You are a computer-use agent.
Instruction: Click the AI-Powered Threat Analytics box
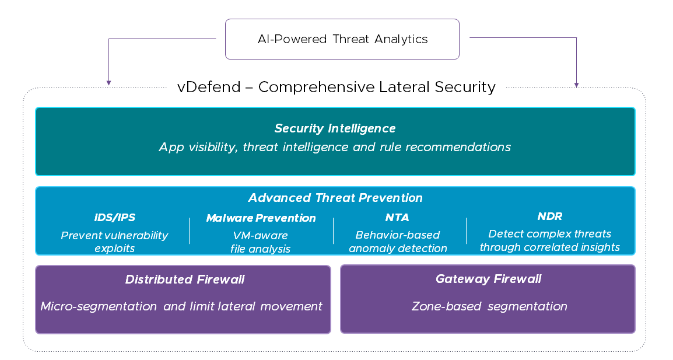coord(342,39)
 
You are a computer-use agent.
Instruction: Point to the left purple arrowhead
coord(108,84)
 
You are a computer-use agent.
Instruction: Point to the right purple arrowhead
coord(576,84)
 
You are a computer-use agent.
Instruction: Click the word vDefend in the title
coord(209,88)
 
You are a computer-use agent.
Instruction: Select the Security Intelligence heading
coord(335,128)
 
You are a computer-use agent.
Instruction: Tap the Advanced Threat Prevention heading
coord(335,198)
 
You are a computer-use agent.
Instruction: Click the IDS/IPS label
coord(114,218)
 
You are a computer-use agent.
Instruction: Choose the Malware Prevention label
coord(261,218)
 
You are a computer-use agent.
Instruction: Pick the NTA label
coord(397,218)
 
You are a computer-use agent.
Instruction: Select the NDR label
coord(549,217)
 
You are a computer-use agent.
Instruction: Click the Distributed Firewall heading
coord(184,279)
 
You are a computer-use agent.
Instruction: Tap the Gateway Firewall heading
coord(488,279)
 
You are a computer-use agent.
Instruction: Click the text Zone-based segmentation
coord(489,306)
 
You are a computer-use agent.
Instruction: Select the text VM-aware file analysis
coord(260,242)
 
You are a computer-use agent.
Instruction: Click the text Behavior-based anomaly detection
coord(398,242)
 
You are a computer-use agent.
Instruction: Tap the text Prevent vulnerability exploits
coord(114,242)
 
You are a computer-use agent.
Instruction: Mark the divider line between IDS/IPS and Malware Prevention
coord(189,230)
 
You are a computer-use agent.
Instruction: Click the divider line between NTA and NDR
coord(466,230)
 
